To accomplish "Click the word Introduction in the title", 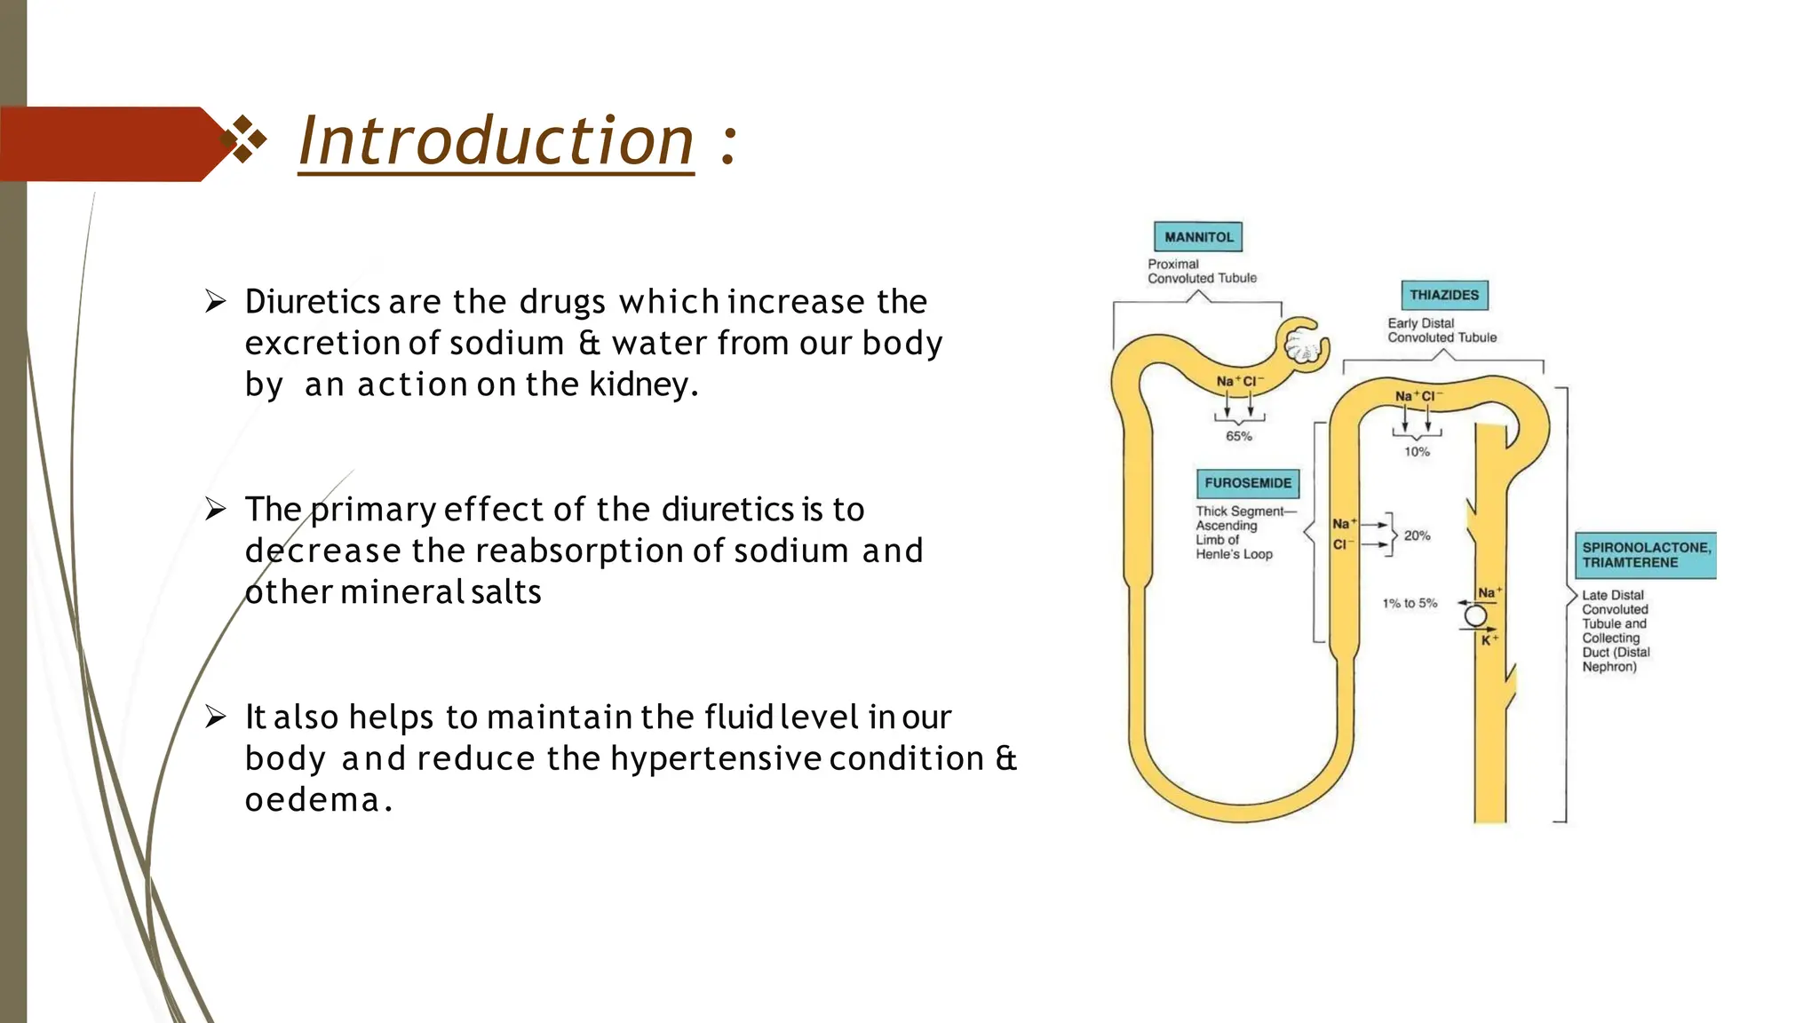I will pos(496,142).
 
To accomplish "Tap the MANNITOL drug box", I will pos(1198,237).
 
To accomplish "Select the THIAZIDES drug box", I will pos(1443,295).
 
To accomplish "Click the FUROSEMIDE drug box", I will pos(1247,483).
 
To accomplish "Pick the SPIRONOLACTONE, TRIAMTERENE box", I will pos(1645,555).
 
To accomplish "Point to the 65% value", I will pos(1238,436).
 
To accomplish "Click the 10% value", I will pos(1417,452).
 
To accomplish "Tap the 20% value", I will pos(1417,535).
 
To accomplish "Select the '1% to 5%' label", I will pos(1410,603).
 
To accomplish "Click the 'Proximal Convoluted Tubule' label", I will pos(1202,271).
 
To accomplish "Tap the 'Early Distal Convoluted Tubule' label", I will pos(1442,330).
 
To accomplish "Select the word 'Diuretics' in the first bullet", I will pos(313,303).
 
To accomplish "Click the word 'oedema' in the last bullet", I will pos(313,800).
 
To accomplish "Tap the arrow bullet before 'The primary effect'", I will pos(216,509).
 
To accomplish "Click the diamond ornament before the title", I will pos(243,140).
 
